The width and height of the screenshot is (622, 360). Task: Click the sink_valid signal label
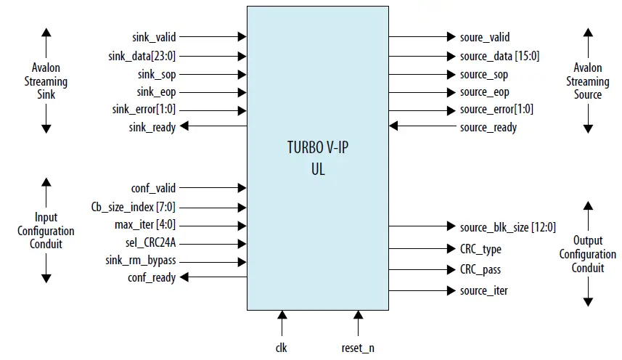(154, 36)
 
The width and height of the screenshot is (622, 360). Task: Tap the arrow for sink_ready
(213, 127)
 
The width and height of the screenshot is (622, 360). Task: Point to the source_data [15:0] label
(499, 55)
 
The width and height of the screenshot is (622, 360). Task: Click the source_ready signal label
(488, 127)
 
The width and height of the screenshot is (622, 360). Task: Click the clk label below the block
(282, 348)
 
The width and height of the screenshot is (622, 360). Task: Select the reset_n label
(358, 348)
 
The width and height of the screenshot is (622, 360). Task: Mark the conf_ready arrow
(213, 277)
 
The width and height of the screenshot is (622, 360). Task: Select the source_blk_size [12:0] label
(507, 227)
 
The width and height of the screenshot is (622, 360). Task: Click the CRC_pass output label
(480, 269)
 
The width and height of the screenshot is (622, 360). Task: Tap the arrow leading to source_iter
(420, 290)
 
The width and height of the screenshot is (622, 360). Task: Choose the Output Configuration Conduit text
(588, 254)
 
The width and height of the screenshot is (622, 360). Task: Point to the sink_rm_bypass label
(143, 259)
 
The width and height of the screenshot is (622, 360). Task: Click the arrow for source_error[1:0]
(420, 110)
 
